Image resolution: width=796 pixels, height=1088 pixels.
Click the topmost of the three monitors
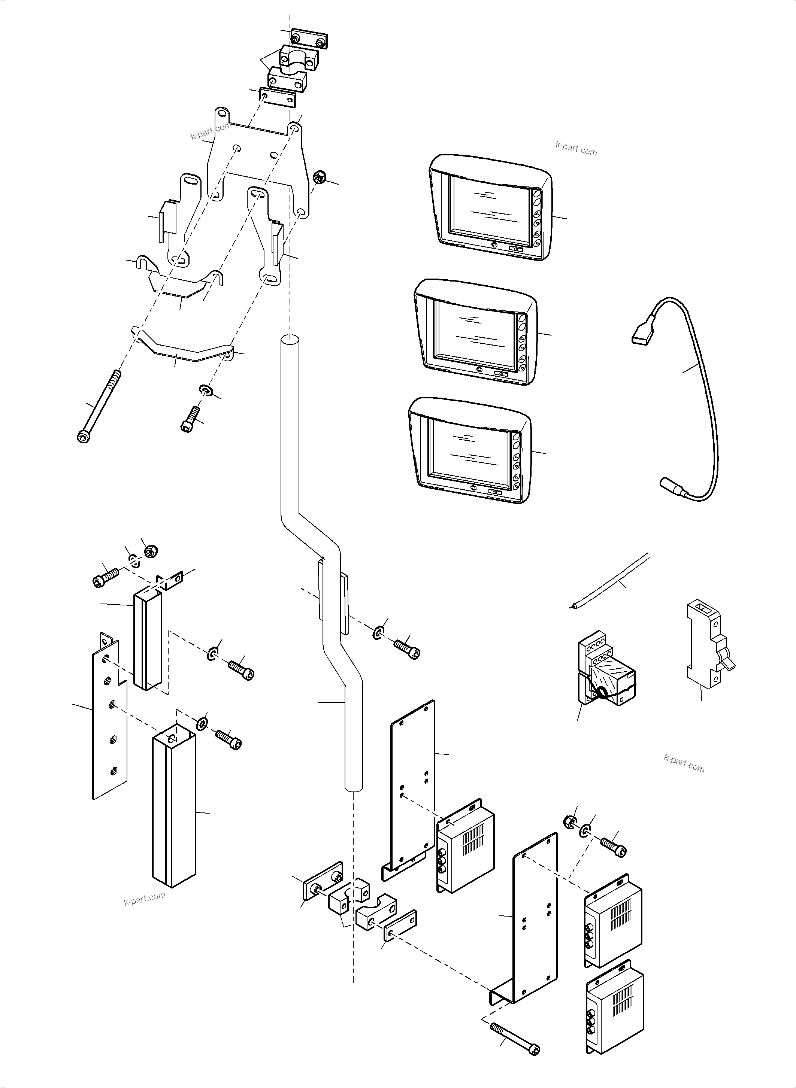pos(489,207)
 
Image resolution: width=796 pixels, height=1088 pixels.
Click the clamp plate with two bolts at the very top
pos(309,38)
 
